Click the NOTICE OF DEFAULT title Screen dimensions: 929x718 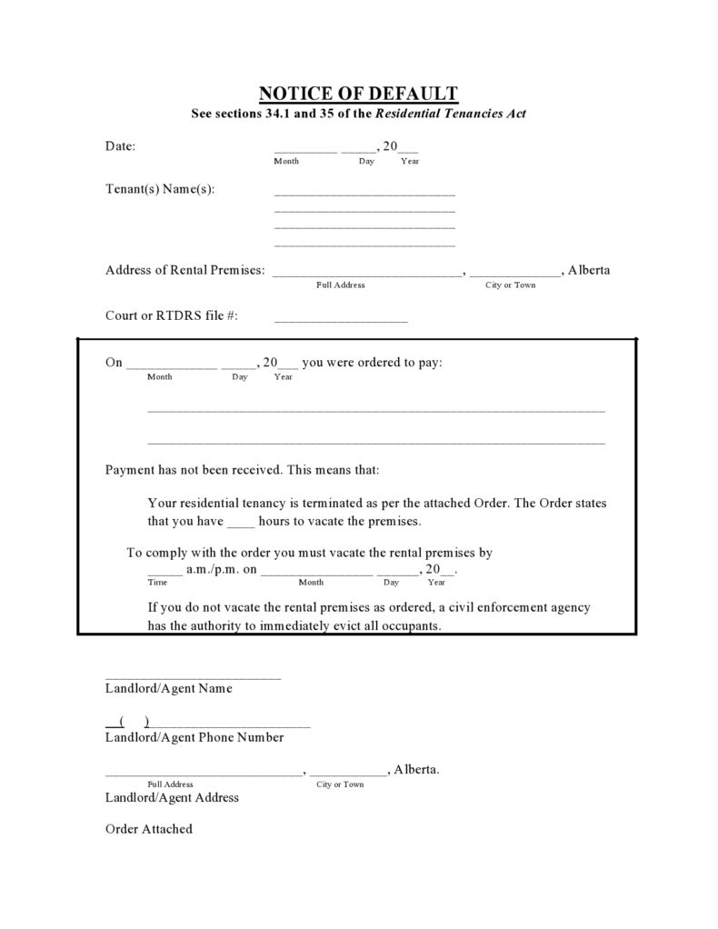tap(358, 93)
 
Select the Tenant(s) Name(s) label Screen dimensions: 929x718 tap(160, 189)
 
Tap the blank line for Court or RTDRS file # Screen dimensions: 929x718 tap(341, 320)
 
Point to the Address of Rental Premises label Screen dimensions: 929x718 tap(185, 270)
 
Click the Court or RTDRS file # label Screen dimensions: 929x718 tap(172, 315)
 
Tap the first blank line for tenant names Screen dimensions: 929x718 tap(364, 194)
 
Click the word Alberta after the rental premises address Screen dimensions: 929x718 tap(589, 270)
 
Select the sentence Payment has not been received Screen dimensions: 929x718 tap(195, 470)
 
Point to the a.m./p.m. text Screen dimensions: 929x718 tap(212, 569)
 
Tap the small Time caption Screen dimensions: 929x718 tap(157, 582)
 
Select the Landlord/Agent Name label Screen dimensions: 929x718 tap(168, 688)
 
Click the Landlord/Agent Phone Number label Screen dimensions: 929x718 tap(194, 737)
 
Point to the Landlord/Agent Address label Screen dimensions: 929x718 tap(172, 797)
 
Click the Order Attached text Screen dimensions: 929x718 tap(149, 829)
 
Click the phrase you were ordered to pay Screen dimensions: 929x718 tap(373, 362)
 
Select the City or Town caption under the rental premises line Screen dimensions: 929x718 tap(511, 285)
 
